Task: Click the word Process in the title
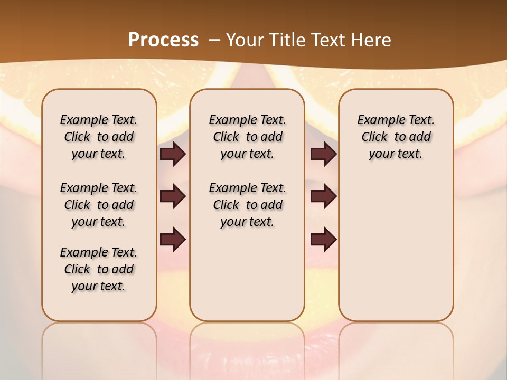(163, 40)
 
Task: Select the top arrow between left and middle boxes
(173, 154)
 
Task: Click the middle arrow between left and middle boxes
(173, 197)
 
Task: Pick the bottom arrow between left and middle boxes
(173, 239)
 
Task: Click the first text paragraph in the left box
(99, 137)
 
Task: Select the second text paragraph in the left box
(99, 205)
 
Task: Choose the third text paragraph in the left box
(99, 269)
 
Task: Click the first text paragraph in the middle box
(248, 137)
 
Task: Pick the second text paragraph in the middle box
(248, 205)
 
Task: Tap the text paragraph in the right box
(396, 137)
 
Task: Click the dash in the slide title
(214, 40)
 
